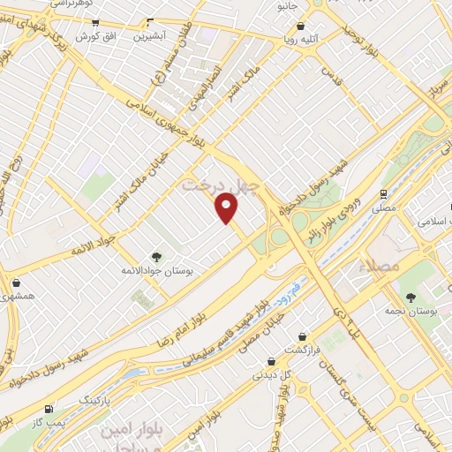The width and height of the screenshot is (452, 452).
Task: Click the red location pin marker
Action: click(x=228, y=207)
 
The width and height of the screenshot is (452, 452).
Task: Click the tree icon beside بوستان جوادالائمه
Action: click(x=156, y=256)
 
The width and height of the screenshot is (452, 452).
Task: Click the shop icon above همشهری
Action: click(x=18, y=282)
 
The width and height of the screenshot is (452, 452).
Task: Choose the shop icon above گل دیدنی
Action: click(x=271, y=360)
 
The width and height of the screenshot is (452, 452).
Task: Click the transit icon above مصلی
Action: click(x=383, y=193)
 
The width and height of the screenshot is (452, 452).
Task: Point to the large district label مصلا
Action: click(x=387, y=266)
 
